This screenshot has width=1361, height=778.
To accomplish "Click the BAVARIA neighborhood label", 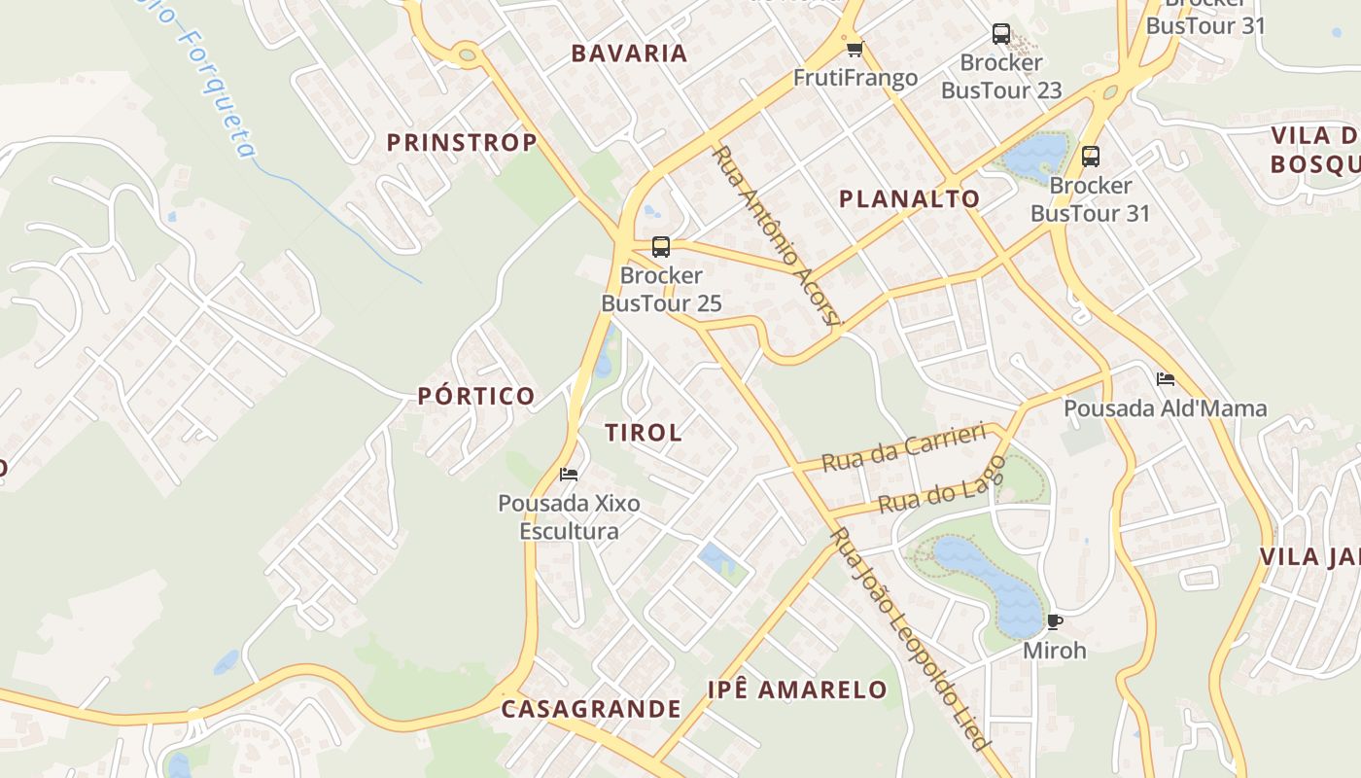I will pos(629,53).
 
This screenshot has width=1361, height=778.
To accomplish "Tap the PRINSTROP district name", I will pos(462,143).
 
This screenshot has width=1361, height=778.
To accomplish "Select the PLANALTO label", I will pos(910,199).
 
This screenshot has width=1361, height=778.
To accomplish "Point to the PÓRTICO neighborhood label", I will pos(476,396).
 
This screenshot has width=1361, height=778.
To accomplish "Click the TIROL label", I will pos(644,433).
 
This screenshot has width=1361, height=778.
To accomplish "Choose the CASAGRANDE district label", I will pos(591,709).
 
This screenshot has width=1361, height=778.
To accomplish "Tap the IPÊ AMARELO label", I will pos(797,690).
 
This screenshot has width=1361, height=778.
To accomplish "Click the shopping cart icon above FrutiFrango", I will pos(855,50).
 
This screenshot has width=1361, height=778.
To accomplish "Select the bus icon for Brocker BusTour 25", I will pos(661,247).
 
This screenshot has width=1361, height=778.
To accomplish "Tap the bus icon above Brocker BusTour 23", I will pos(1001,35).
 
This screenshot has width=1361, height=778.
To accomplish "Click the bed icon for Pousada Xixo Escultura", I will pos(570,475).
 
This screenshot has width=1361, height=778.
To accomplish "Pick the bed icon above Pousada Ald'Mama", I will pos(1166,378).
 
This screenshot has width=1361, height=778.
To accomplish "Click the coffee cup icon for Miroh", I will pos(1055,621).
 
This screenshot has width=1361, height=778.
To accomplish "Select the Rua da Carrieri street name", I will pos(903,446).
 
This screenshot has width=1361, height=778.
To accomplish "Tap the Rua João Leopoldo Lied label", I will pos(910,638).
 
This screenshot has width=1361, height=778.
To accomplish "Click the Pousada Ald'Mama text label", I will pos(1166,408).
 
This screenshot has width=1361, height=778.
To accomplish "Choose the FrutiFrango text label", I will pos(855,78).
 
